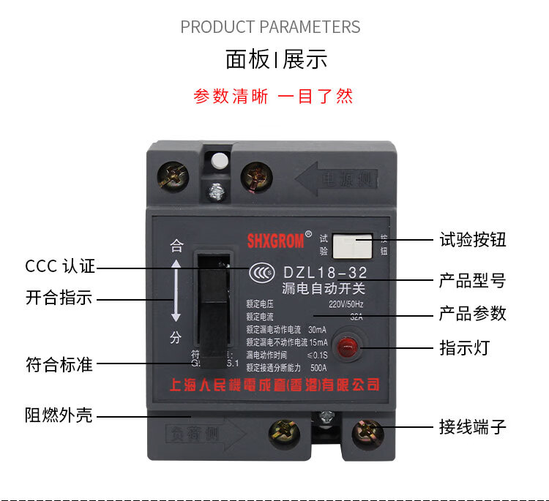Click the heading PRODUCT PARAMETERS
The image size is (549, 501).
(270, 27)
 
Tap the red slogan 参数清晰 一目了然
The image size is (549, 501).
(273, 96)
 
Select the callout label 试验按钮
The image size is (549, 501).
(472, 240)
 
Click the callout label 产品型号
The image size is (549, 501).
(472, 280)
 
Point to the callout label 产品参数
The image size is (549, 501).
(472, 314)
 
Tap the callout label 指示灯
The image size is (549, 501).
(463, 347)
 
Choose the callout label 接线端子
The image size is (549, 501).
(472, 426)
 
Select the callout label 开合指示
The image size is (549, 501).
(59, 298)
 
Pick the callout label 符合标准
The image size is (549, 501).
(59, 363)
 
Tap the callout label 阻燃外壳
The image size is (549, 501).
(59, 415)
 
